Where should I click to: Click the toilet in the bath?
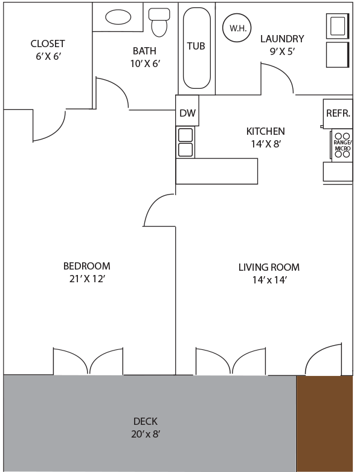[159, 22]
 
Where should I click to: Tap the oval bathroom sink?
[118, 17]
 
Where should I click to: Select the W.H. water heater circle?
[237, 28]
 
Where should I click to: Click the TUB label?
[196, 46]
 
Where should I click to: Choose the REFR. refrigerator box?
[338, 114]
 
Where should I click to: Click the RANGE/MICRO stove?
[342, 146]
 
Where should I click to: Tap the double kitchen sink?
[185, 143]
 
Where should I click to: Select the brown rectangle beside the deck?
[324, 423]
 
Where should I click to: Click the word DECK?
[145, 421]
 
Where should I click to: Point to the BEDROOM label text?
[86, 266]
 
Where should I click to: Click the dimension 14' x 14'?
[269, 280]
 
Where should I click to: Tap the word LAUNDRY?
[282, 39]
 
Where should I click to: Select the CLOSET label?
[48, 44]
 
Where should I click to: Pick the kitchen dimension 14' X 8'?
[266, 144]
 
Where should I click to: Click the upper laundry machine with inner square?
[338, 26]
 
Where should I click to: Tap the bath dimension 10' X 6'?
[145, 64]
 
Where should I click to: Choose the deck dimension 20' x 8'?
[145, 434]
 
